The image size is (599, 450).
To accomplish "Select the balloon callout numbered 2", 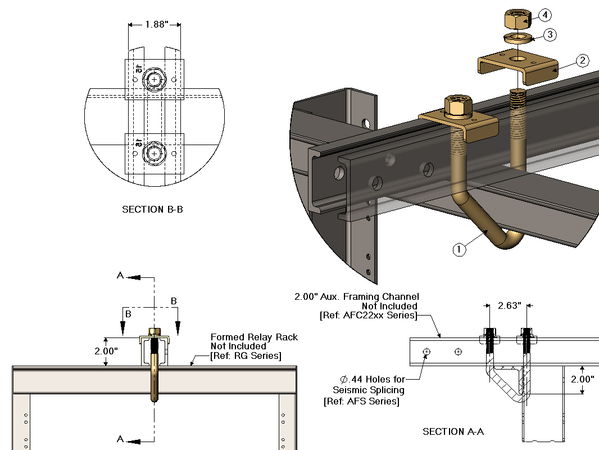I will [x=582, y=60].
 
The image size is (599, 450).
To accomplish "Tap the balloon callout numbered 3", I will [x=550, y=35].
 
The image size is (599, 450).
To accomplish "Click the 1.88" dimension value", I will [x=155, y=25].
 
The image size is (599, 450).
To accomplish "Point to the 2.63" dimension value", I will [x=510, y=305].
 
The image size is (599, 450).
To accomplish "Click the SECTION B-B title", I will [x=153, y=209].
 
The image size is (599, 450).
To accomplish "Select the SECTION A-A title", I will [x=453, y=431].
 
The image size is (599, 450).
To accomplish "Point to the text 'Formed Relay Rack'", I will [x=254, y=337].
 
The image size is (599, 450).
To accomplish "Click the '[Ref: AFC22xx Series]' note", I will [x=367, y=316].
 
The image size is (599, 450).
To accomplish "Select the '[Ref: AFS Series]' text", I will [x=361, y=401].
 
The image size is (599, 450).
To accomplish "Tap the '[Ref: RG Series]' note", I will [x=246, y=355].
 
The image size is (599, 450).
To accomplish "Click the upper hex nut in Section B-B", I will [x=154, y=80].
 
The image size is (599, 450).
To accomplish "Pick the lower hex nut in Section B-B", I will [x=154, y=153].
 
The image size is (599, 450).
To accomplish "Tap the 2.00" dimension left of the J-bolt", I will [x=106, y=351].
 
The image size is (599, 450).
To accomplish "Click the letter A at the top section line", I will [x=120, y=276].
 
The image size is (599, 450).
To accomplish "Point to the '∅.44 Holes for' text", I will [x=373, y=380].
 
